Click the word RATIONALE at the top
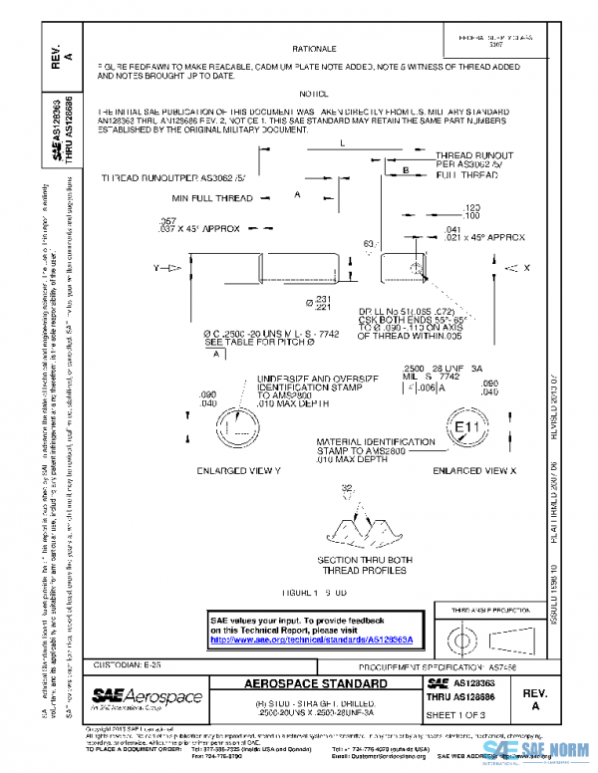314,48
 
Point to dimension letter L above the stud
342,144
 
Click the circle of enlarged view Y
238,428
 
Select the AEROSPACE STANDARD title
317,684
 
